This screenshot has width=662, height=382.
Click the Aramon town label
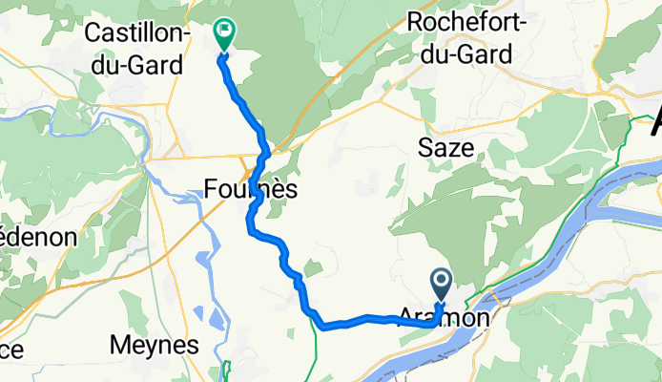click(x=446, y=318)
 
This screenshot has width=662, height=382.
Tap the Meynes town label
click(x=154, y=344)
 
